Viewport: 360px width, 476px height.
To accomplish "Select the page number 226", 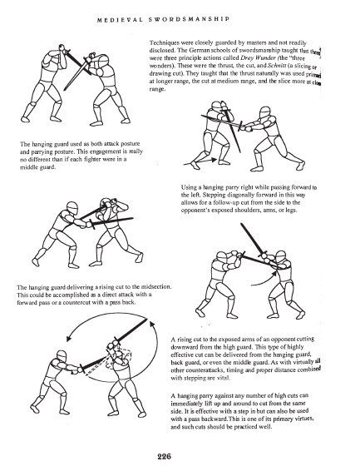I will click(181, 456).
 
